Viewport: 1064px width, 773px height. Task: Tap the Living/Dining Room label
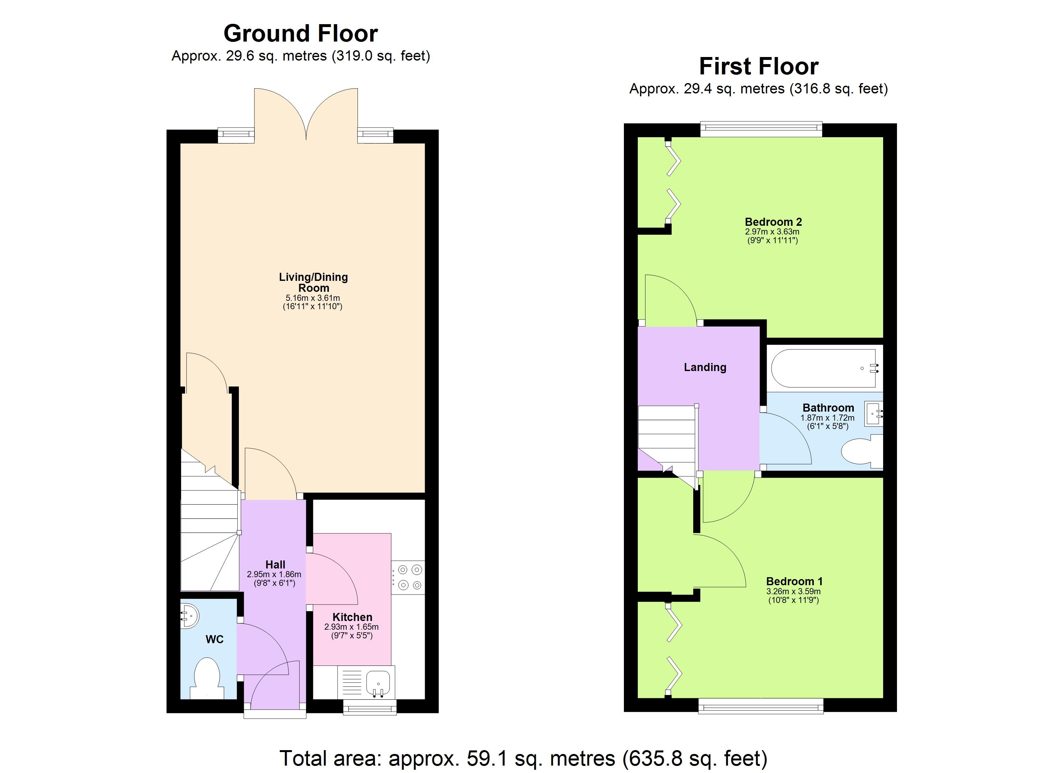pyautogui.click(x=313, y=282)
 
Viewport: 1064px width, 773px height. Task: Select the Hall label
pyautogui.click(x=275, y=564)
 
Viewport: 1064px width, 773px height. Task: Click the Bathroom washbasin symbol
pyautogui.click(x=873, y=414)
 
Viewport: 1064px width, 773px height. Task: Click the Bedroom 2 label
pyautogui.click(x=773, y=222)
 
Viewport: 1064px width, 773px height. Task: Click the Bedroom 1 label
pyautogui.click(x=794, y=581)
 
